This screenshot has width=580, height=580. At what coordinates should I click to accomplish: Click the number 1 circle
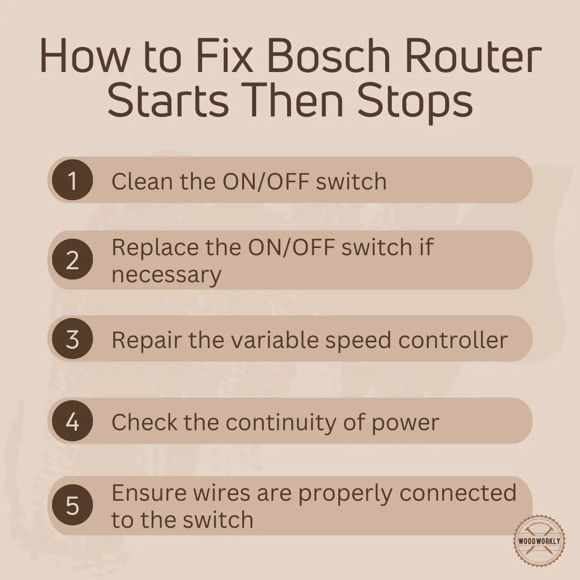(x=72, y=181)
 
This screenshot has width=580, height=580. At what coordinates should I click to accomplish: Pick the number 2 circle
(x=72, y=261)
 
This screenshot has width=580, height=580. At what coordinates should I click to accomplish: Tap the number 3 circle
(x=72, y=340)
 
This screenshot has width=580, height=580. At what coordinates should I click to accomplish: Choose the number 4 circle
(x=72, y=422)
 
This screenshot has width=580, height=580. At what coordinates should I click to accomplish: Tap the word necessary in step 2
(x=166, y=275)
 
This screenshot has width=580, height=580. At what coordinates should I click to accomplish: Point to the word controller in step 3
(x=453, y=340)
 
